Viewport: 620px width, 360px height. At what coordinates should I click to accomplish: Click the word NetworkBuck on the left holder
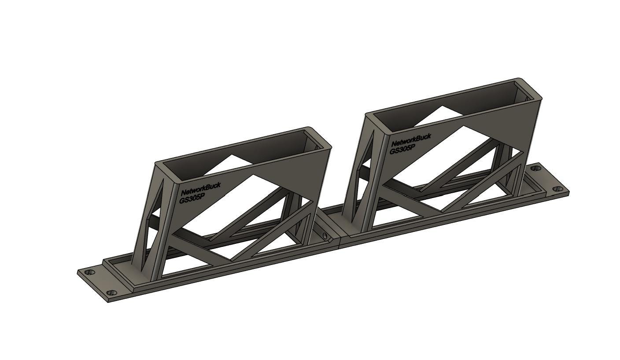(x=201, y=189)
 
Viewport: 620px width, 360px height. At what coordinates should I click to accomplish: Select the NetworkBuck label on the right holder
(x=411, y=140)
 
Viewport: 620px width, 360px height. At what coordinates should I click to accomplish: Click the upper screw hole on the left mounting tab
(x=89, y=272)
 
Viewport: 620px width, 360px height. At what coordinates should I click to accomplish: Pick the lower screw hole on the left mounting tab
(x=112, y=292)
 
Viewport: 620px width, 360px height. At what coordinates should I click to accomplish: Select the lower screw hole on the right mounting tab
(x=557, y=189)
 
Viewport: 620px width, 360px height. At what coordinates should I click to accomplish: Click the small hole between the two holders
(x=325, y=236)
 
